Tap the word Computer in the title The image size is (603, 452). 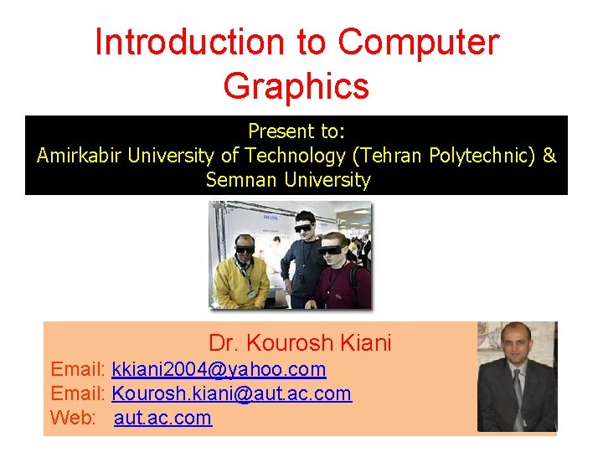click(418, 42)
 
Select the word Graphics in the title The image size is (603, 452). click(296, 85)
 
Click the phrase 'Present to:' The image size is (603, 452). click(296, 131)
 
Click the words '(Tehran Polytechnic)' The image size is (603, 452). click(453, 156)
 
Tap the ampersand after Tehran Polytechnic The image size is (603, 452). click(549, 156)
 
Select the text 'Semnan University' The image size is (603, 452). click(288, 180)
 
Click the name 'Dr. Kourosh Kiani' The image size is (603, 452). click(300, 342)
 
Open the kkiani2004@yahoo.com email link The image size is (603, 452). click(219, 369)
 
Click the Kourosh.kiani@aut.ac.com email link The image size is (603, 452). click(231, 393)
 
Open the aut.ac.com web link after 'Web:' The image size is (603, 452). click(163, 418)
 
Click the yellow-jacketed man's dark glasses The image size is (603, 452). click(245, 248)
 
